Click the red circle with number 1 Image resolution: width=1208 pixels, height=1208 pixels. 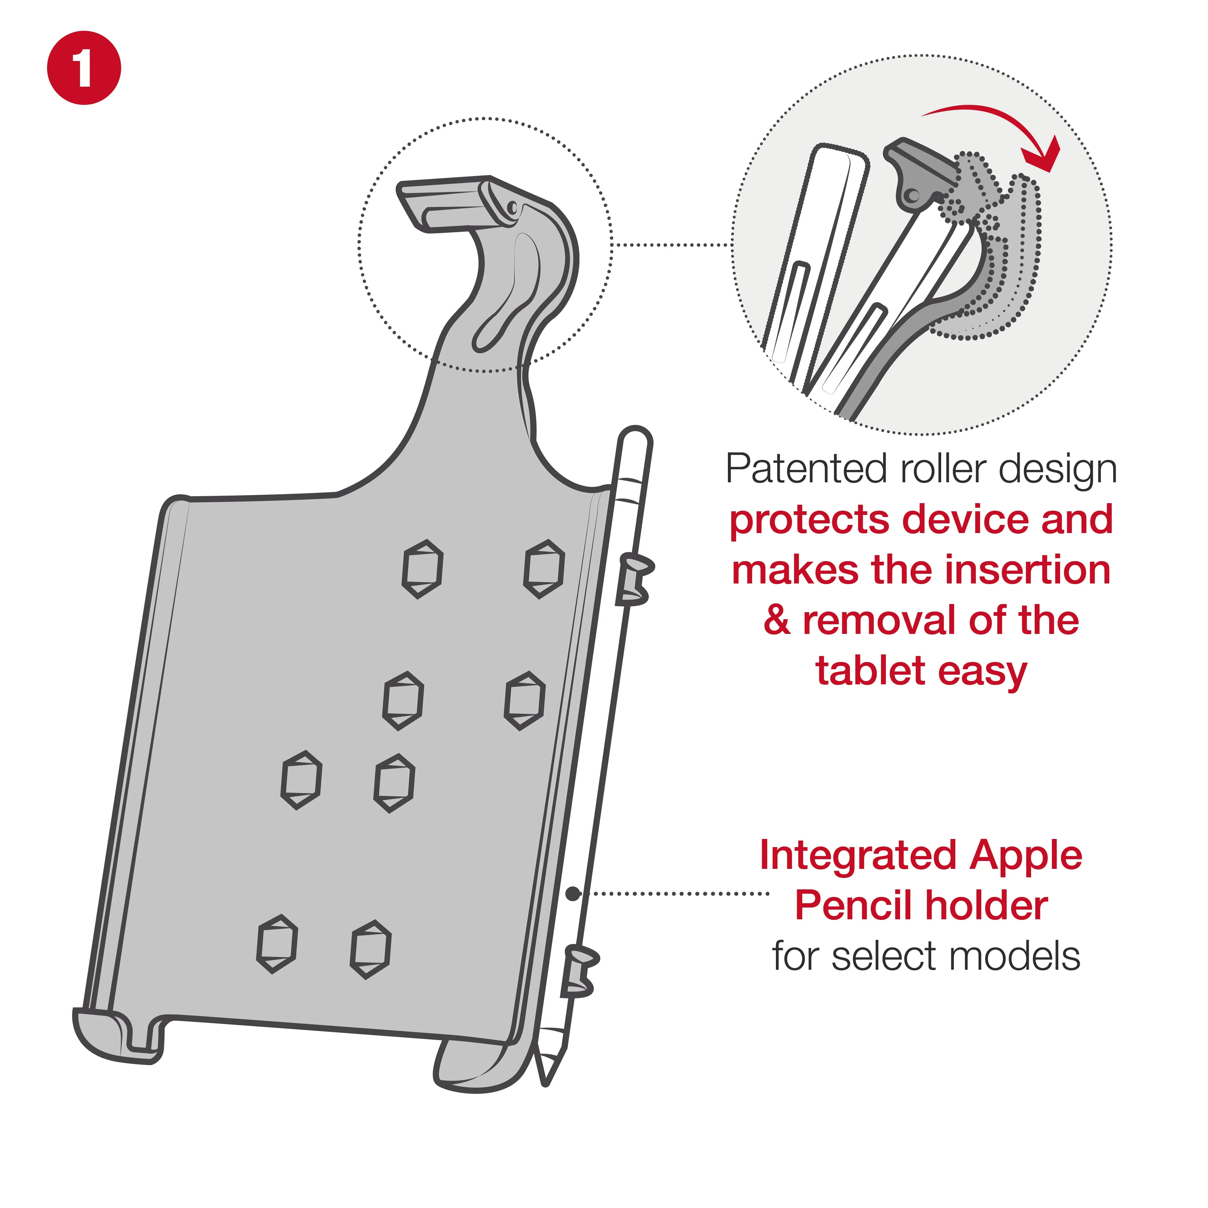pos(84,68)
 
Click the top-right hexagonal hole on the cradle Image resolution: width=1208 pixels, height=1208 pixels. pos(544,569)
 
